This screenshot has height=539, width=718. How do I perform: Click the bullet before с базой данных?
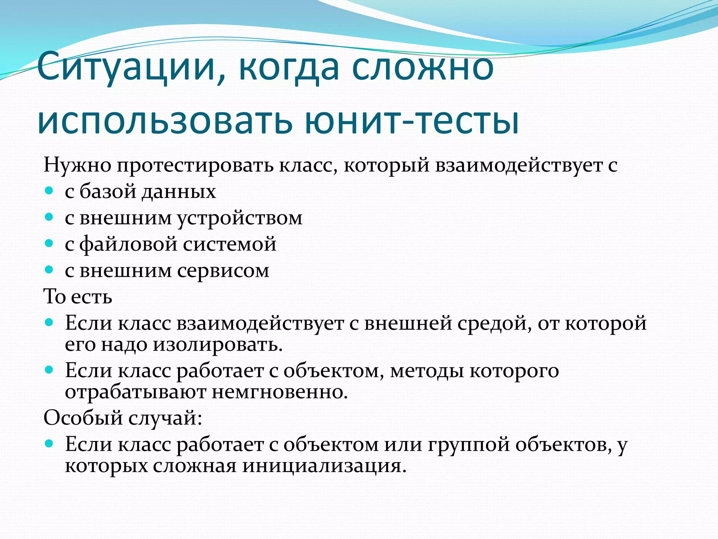coord(49,191)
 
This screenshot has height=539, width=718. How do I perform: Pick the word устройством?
coord(239,218)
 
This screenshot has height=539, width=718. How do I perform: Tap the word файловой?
coord(128,244)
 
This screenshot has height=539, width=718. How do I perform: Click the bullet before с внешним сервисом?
coord(49,270)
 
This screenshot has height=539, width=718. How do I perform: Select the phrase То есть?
coord(78,297)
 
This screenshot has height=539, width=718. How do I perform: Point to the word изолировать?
coord(218,345)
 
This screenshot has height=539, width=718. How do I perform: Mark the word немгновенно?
coord(279,392)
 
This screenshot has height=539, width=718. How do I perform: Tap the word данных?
coord(178,192)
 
